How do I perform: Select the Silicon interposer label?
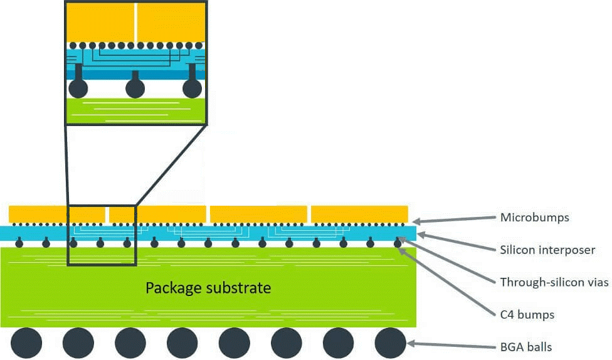[547, 250]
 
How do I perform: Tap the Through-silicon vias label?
[554, 282]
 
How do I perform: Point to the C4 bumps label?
[527, 314]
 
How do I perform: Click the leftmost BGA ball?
[26, 343]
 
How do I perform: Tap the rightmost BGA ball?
[391, 343]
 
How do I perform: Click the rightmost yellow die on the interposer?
[360, 214]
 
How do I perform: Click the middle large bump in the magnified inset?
[135, 88]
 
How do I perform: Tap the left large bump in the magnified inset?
[78, 88]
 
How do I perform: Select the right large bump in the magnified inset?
[193, 88]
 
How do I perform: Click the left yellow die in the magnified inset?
[100, 23]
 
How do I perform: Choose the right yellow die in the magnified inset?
[171, 23]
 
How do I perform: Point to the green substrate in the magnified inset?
[135, 112]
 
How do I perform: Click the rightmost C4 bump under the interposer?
[398, 243]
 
